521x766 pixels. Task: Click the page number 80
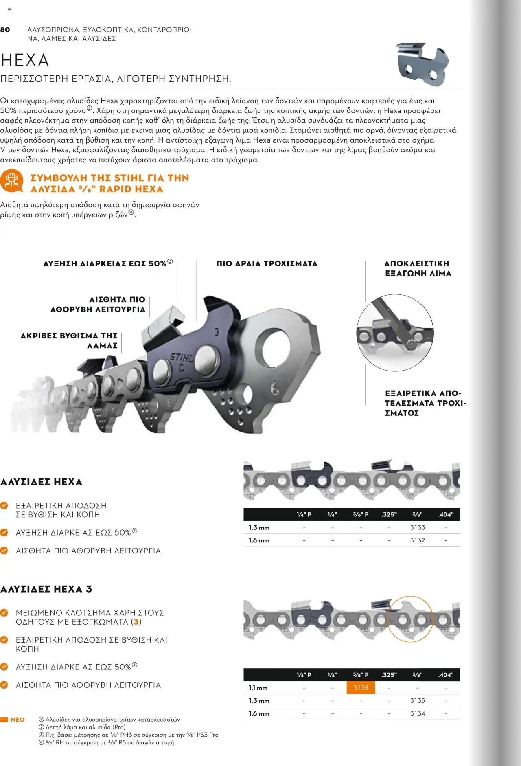pos(5,29)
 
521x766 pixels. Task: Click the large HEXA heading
pos(25,60)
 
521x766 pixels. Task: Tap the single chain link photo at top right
pos(422,64)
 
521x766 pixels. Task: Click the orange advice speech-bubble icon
pos(11,182)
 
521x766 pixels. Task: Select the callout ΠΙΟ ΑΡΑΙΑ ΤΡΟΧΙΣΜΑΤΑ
pos(267,263)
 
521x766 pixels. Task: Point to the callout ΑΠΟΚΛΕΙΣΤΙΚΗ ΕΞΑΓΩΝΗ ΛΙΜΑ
pos(418,268)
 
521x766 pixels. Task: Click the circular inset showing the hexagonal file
pos(395,332)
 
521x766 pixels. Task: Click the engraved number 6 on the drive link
pos(275,389)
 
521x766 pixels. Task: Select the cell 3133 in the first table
pos(417,527)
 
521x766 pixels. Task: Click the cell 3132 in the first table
pos(417,540)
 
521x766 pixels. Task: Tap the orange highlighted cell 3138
pos(361,688)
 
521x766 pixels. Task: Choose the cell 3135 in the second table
pos(417,700)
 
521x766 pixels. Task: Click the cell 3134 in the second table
pos(417,713)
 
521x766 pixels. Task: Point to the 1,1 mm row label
pos(258,688)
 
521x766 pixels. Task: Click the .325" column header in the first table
pos(389,514)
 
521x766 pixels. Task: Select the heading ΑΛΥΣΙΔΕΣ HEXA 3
pos(46,589)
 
